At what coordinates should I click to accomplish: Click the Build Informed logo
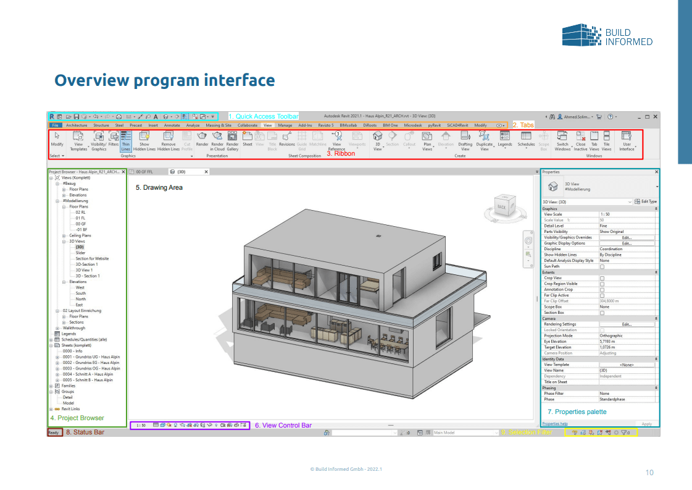pos(607,35)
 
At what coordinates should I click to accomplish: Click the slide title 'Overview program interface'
pos(164,80)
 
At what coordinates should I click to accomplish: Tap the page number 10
pos(649,473)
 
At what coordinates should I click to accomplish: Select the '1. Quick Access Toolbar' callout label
pos(264,116)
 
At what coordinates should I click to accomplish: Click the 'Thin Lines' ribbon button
pos(125,142)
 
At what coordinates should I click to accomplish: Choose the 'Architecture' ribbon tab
pos(76,125)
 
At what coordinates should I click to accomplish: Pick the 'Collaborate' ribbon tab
pos(247,125)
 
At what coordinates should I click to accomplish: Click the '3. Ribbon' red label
pos(341,153)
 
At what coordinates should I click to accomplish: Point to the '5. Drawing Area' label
pos(159,187)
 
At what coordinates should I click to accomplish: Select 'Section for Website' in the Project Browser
pos(92,258)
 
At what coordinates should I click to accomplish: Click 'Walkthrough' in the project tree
pos(74,328)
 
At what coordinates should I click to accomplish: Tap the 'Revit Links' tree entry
pos(70,408)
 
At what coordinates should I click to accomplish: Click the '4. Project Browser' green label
pos(77,418)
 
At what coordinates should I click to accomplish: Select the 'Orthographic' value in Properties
pos(611,336)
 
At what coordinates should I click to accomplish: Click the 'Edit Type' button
pos(646,201)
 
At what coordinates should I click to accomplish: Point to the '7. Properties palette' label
pos(577,412)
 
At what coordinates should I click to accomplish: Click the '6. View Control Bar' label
pos(283,425)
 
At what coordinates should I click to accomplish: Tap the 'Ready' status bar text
pos(54,433)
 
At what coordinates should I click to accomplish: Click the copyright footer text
pos(346,470)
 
